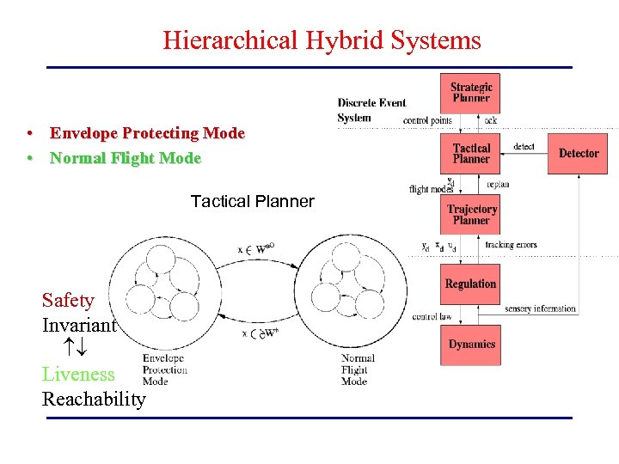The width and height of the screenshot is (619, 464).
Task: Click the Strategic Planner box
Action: click(471, 92)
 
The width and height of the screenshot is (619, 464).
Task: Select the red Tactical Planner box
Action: click(471, 154)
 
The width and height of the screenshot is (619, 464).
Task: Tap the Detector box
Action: click(578, 154)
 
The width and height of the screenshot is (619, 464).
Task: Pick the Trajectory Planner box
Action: click(471, 215)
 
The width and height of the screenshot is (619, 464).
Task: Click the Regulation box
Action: click(471, 284)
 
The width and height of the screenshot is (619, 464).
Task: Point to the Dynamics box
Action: click(471, 344)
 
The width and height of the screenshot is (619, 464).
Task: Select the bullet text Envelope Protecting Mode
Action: click(147, 133)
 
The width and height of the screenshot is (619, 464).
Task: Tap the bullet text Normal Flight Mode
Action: click(126, 158)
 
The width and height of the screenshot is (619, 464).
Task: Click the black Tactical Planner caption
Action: click(252, 201)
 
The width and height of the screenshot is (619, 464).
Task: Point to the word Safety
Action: click(68, 300)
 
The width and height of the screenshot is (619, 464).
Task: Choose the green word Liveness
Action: click(78, 374)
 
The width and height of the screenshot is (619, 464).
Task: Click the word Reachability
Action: click(94, 400)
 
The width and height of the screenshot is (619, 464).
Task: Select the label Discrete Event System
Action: click(371, 110)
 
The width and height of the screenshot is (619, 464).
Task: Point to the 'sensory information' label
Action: click(540, 308)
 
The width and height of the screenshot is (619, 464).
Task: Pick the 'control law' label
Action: click(432, 317)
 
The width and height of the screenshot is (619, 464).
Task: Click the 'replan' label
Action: click(498, 184)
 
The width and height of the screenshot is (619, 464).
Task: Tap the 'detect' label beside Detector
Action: click(524, 147)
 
